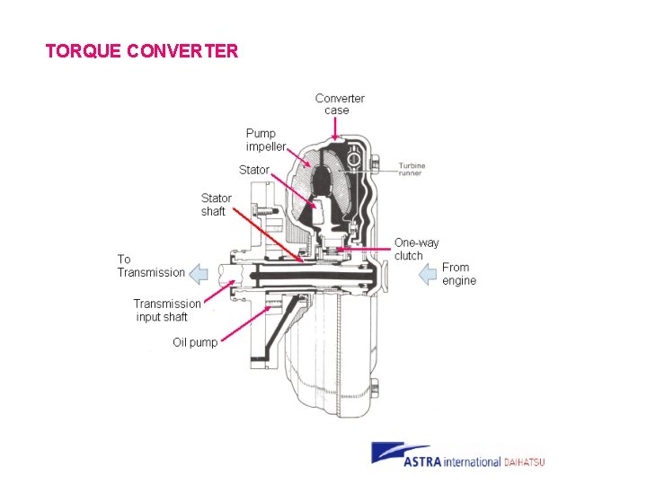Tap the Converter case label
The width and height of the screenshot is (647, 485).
339,104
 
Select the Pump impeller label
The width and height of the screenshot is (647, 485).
266,139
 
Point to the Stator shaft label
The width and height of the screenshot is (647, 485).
216,204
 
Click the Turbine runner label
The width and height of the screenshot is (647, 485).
412,169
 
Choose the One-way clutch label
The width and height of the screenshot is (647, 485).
416,249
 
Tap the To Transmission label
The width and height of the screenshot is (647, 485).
150,266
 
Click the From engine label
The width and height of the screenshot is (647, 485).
458,274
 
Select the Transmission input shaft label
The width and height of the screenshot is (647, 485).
166,310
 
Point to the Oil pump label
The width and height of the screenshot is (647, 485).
195,342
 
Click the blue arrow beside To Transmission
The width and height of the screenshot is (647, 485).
203,273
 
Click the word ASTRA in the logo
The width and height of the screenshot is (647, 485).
426,462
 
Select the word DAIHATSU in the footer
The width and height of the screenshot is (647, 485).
525,462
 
